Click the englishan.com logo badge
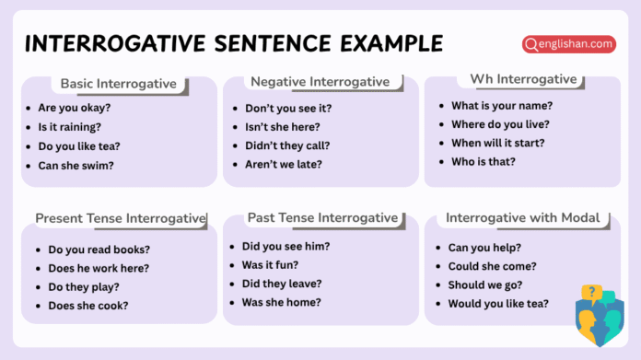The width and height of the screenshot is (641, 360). (569, 43)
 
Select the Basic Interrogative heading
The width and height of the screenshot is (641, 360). (118, 84)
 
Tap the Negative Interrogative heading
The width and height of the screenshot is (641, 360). (320, 82)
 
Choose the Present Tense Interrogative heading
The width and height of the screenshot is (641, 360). (121, 218)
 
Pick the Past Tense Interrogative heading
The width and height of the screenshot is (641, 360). (322, 218)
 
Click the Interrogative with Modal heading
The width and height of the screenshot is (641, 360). (522, 218)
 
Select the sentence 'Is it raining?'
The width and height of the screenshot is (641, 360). (69, 127)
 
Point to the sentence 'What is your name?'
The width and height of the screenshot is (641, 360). (501, 105)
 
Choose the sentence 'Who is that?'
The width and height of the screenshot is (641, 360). (483, 161)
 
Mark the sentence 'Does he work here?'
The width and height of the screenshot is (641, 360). (98, 268)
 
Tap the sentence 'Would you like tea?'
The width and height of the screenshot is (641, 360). (498, 303)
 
